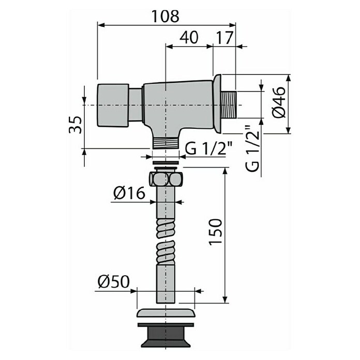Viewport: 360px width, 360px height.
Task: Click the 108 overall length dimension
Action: [x=166, y=17]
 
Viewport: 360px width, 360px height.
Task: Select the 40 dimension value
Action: [x=189, y=37]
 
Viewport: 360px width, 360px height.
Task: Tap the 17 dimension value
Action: [x=225, y=37]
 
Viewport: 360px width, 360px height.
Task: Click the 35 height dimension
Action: [x=76, y=125]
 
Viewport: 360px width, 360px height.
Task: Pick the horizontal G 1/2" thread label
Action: [x=209, y=149]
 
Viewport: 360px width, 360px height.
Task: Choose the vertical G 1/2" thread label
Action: [x=252, y=148]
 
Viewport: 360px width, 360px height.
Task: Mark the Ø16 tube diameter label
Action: [x=129, y=193]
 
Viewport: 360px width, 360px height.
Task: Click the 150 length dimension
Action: [x=216, y=232]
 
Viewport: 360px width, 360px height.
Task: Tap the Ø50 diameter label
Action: [x=114, y=281]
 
